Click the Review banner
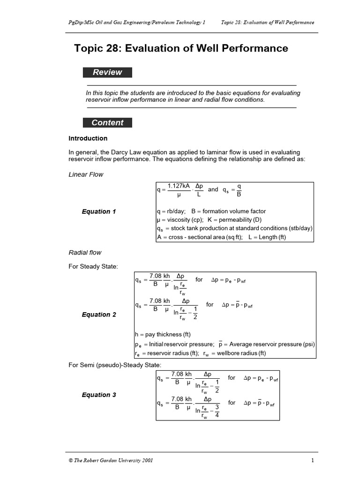(x=107, y=72)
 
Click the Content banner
(x=107, y=123)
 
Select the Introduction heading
(x=88, y=138)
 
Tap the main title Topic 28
(x=181, y=48)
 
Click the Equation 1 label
(x=99, y=211)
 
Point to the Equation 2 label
(x=99, y=315)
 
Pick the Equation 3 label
(x=99, y=395)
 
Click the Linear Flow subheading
(x=86, y=174)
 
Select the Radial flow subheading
(x=85, y=253)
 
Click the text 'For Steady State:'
(x=93, y=266)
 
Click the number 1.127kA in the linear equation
(x=179, y=186)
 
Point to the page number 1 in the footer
(x=312, y=460)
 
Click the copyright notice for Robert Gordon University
(x=111, y=460)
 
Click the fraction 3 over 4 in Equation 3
(x=217, y=411)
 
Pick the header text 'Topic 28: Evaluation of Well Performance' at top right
(x=268, y=22)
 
